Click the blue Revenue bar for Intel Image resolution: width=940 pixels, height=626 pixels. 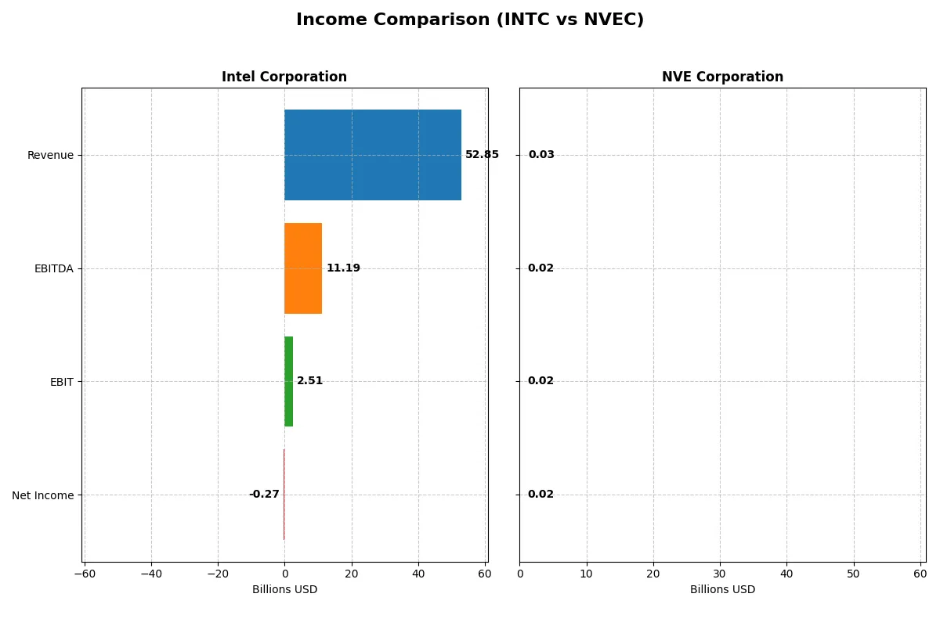(x=372, y=155)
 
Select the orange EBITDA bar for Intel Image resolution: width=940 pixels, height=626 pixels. (x=303, y=268)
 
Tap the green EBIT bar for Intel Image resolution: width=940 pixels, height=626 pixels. (x=288, y=381)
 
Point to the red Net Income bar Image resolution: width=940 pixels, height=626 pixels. (x=284, y=495)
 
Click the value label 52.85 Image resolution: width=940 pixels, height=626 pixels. (x=482, y=155)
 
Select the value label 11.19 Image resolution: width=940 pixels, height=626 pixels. (x=343, y=268)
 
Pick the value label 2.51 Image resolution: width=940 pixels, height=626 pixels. (x=309, y=381)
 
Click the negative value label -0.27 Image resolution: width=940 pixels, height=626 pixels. (x=264, y=495)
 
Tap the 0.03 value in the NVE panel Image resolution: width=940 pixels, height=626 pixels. (x=541, y=155)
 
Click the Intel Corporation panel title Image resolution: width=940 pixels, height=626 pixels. (x=284, y=77)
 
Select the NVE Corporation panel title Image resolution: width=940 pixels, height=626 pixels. (x=722, y=77)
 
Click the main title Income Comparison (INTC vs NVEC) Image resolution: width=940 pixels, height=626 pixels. (x=470, y=20)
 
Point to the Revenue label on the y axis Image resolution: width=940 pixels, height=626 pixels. (x=50, y=155)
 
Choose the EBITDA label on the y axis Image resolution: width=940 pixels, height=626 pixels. (x=54, y=268)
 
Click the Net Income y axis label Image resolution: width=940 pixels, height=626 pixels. (x=43, y=495)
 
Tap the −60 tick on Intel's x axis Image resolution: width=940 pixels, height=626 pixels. (x=85, y=574)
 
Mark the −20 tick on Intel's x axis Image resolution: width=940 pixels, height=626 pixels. (x=218, y=574)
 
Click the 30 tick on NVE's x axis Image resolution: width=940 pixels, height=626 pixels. (x=720, y=574)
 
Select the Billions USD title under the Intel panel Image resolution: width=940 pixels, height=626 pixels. (x=284, y=590)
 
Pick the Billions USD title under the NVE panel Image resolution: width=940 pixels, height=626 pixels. (x=722, y=590)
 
